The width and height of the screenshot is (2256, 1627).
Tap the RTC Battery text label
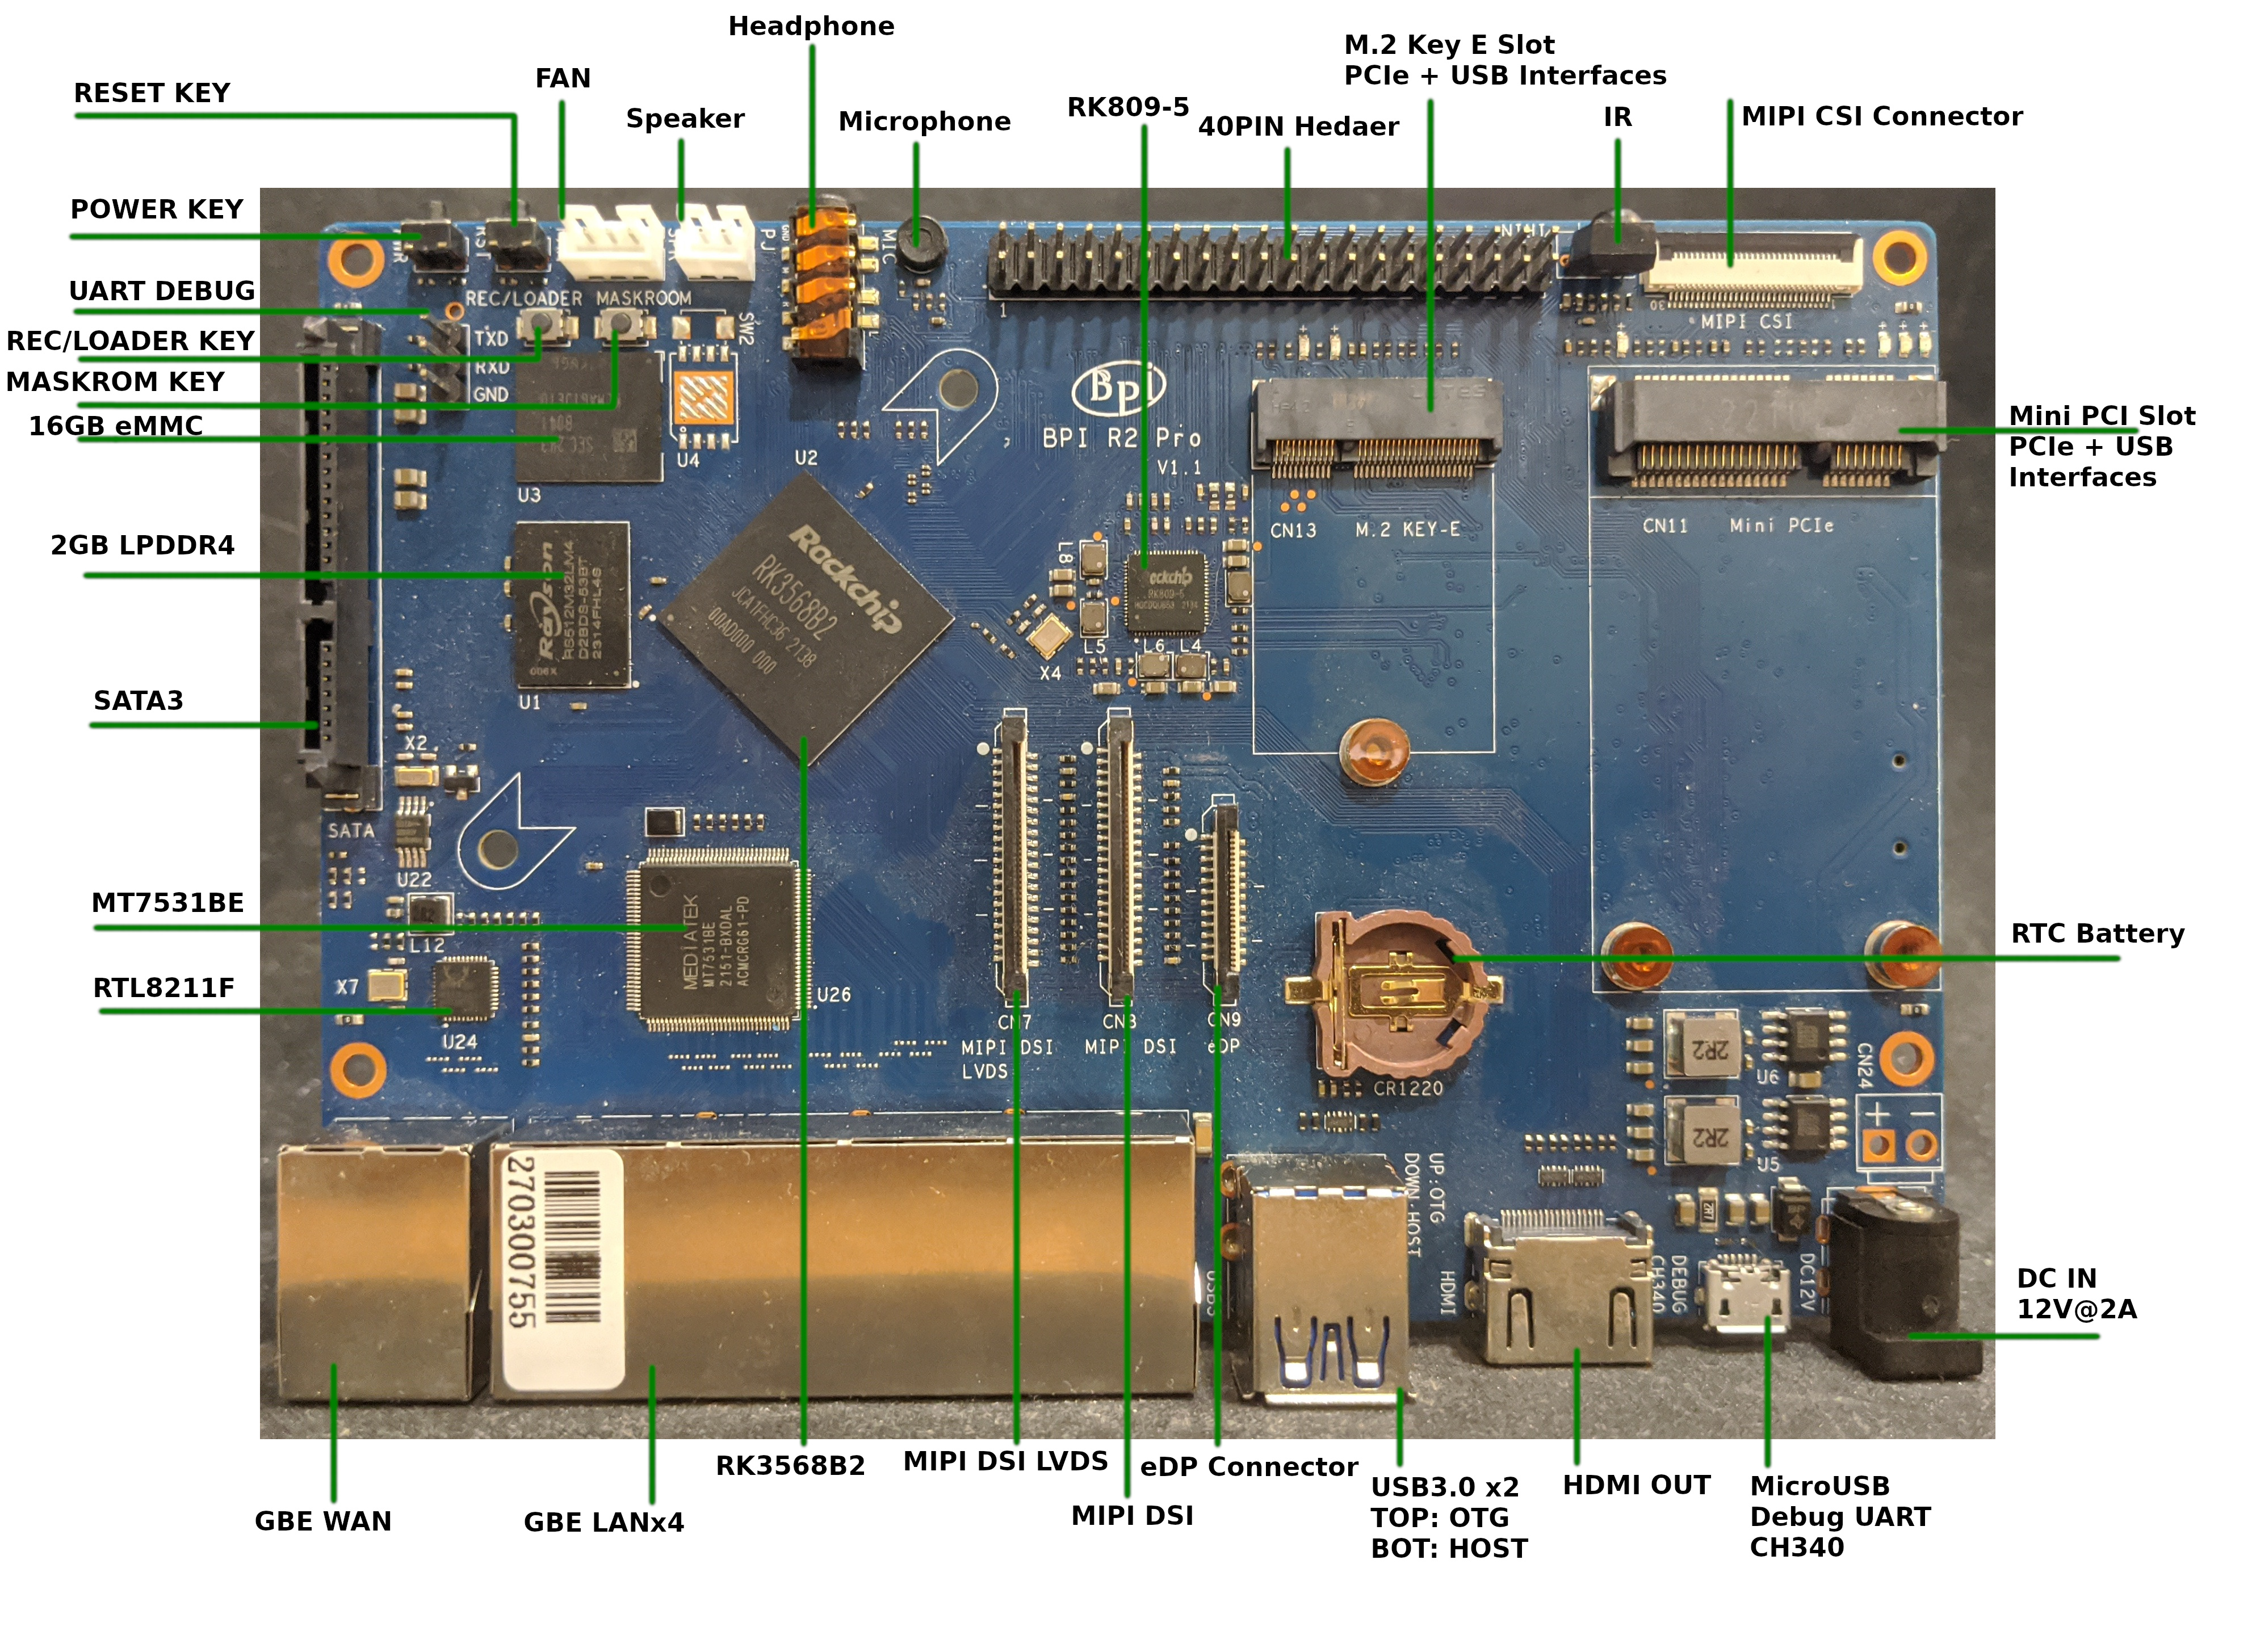2097,934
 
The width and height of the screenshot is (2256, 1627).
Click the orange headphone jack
825,283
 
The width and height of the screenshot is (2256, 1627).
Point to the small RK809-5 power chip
1164,592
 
